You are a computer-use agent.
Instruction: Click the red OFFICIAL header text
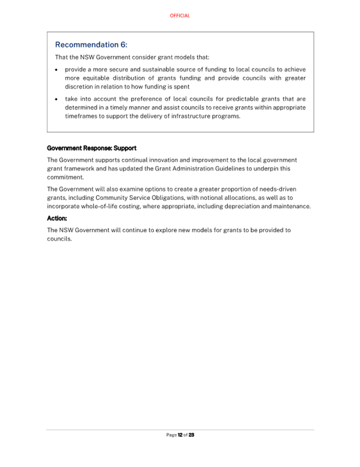[x=180, y=16]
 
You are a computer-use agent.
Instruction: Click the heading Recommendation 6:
[x=91, y=45]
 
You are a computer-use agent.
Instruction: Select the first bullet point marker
[x=57, y=70]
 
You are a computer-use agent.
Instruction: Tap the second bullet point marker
[x=57, y=99]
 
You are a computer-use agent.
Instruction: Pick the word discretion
[x=81, y=86]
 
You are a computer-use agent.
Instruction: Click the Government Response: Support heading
[x=92, y=148]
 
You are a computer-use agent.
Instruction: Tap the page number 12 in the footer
[x=180, y=435]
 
